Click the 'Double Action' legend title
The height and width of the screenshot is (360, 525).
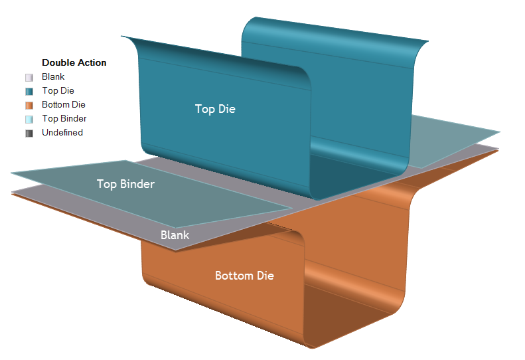point(74,62)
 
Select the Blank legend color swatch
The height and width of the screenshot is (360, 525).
point(29,77)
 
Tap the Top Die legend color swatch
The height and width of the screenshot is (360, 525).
point(29,91)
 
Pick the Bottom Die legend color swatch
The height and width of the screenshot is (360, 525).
point(29,105)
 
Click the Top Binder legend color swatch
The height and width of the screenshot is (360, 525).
point(29,119)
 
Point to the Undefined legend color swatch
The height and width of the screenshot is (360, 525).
point(29,133)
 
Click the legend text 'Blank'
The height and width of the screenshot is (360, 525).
point(53,77)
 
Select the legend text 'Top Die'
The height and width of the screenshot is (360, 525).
point(58,91)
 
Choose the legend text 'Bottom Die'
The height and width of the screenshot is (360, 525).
point(64,105)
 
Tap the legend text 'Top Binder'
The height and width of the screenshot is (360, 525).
point(64,119)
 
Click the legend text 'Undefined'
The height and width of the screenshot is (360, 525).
point(62,133)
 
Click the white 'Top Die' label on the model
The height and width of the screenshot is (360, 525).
point(215,109)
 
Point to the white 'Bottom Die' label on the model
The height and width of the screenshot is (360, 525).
point(244,276)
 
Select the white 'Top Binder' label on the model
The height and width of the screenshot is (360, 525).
point(125,184)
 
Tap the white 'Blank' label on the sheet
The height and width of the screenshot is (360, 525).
point(175,235)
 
